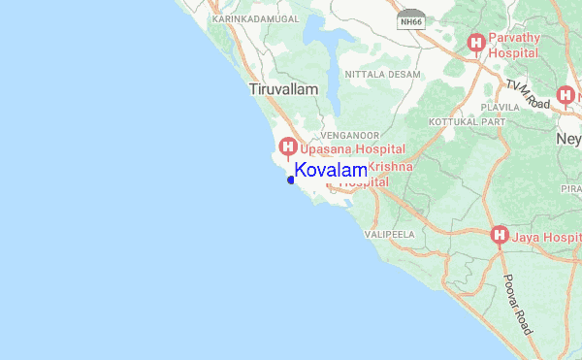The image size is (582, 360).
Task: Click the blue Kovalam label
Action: (331, 171)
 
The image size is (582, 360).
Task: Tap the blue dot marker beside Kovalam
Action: (291, 180)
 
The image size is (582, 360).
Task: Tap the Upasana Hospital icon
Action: (287, 147)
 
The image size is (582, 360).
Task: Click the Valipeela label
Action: (389, 235)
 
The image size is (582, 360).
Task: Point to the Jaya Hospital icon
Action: (500, 235)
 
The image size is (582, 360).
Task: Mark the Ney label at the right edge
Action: (569, 140)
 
